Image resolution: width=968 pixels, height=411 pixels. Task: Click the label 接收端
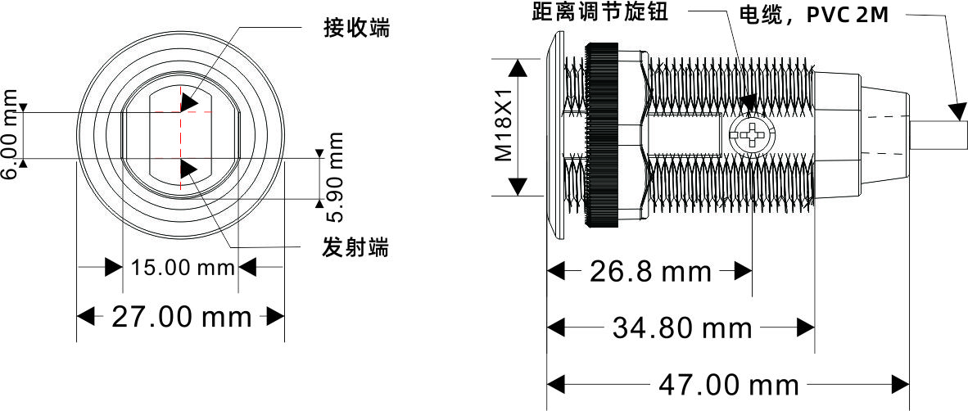pos(356,29)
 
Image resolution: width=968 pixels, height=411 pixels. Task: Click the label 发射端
pos(356,246)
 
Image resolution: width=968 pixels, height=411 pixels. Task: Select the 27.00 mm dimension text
pos(181,317)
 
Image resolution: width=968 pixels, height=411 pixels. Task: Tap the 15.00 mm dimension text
pos(183,268)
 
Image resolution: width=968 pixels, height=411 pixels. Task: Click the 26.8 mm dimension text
pos(651,272)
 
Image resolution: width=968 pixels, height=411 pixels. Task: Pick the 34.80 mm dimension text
pos(682,328)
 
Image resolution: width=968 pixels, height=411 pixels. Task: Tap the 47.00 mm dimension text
pos(729,384)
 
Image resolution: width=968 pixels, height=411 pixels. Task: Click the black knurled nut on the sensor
pos(602,134)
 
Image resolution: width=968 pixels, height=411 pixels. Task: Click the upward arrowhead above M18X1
pos(518,69)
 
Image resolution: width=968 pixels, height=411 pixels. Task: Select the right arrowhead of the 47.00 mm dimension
pos(900,384)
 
